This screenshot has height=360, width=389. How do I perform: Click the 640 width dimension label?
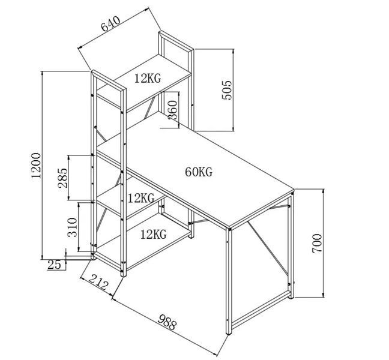pyautogui.click(x=110, y=24)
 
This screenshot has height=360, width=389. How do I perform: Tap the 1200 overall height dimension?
pyautogui.click(x=36, y=166)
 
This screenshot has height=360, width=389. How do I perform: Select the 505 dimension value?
pyautogui.click(x=226, y=90)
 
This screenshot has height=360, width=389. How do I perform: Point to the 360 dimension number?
pyautogui.click(x=173, y=110)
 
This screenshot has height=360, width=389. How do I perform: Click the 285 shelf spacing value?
pyautogui.click(x=62, y=178)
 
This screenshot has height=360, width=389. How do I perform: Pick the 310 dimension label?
pyautogui.click(x=73, y=227)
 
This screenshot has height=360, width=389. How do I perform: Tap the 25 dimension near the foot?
pyautogui.click(x=54, y=265)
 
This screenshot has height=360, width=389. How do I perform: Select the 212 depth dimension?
pyautogui.click(x=98, y=281)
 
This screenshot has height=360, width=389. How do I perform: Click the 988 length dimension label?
pyautogui.click(x=167, y=322)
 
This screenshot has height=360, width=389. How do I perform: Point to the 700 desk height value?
pyautogui.click(x=317, y=243)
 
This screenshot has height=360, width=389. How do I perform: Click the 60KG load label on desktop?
pyautogui.click(x=199, y=172)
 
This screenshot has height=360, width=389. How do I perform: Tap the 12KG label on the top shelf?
pyautogui.click(x=148, y=78)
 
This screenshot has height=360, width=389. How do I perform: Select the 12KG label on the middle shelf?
pyautogui.click(x=141, y=198)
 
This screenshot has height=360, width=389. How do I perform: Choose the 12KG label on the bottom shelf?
pyautogui.click(x=154, y=234)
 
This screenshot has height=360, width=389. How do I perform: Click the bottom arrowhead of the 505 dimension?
pyautogui.click(x=233, y=128)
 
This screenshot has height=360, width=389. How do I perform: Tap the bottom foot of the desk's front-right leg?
pyautogui.click(x=229, y=332)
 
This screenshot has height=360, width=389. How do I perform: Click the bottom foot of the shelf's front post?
pyautogui.click(x=123, y=275)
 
